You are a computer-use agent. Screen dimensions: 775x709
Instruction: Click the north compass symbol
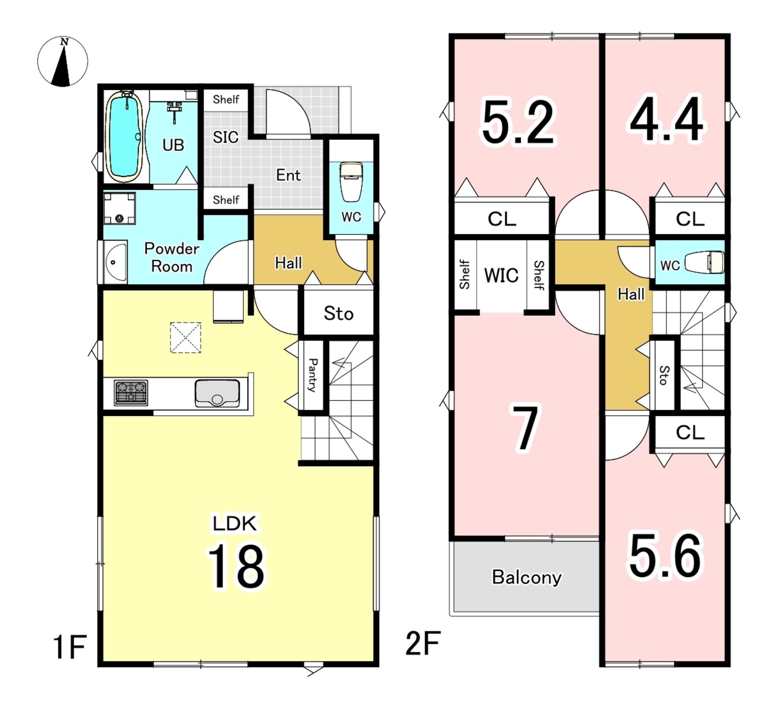pos(63,61)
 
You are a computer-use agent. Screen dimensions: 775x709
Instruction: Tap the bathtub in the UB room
pos(124,137)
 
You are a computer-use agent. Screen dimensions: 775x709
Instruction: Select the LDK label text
pos(235,523)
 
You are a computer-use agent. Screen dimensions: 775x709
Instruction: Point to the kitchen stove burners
pos(131,393)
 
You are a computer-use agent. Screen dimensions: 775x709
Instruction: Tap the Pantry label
pos(313,375)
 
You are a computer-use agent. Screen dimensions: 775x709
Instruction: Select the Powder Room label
pos(171,258)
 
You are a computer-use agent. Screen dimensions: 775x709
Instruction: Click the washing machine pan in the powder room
pos(119,208)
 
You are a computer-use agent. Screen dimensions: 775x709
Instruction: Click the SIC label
pos(226,137)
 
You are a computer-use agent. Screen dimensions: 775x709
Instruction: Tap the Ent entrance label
pos(288,175)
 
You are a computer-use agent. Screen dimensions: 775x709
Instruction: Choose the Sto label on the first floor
pos(338,314)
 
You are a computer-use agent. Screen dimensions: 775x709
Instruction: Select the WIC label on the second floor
pos(501,275)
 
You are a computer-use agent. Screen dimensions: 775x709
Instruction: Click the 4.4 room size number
pos(666,119)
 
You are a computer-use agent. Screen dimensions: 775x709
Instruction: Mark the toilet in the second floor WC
pos(704,262)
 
